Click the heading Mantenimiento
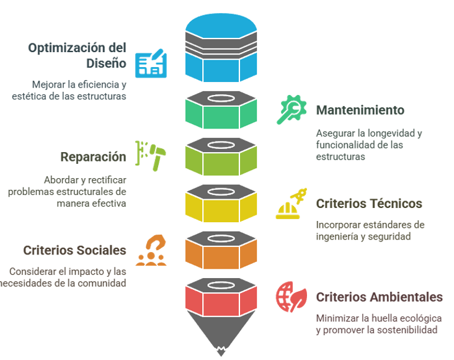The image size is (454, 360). point(360,110)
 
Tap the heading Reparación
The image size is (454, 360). point(93,157)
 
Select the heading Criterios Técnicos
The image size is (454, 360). point(368,204)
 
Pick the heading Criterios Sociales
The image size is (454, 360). point(75,250)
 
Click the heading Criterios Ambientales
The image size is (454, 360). point(379,297)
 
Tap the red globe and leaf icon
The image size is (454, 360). point(290,297)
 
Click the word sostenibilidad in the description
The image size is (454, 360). point(406,330)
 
